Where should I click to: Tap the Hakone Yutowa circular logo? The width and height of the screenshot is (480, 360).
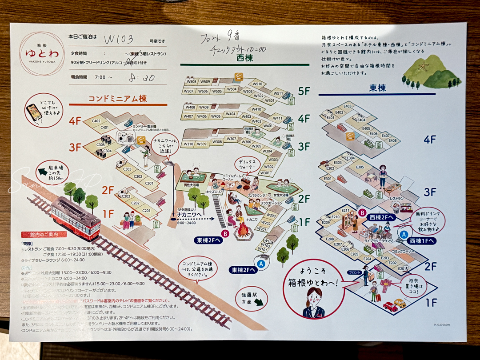pos(42,52)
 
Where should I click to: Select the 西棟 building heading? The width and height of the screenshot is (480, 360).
pos(244,58)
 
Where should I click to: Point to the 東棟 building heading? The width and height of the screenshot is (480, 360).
pos(378,88)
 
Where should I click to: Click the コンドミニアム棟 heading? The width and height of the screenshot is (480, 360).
pos(118,99)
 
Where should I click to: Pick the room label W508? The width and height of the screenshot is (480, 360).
pos(192,82)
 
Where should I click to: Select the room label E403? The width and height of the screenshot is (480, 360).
pos(347,106)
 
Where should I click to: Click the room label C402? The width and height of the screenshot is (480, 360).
pos(96,121)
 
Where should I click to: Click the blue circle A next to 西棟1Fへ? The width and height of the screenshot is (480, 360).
pos(404,233)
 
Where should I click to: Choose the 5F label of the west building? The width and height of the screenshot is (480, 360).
pos(304,91)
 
